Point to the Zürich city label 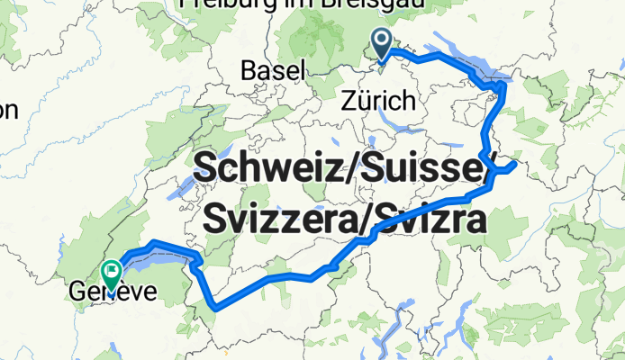tap(379, 100)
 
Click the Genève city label tap(113, 292)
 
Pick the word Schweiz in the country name tap(266, 169)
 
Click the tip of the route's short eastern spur tap(513, 165)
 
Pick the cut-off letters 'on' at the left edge tap(8, 111)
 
